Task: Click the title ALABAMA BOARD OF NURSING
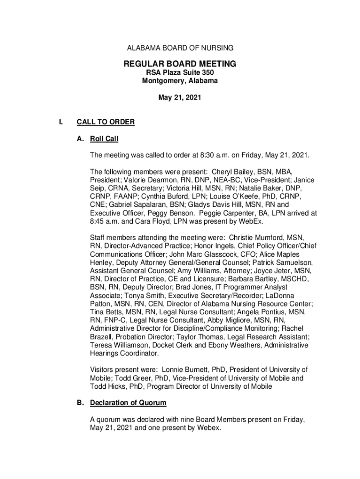pyautogui.click(x=180, y=48)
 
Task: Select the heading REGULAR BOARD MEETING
pyautogui.click(x=180, y=64)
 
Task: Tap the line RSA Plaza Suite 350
pyautogui.click(x=180, y=73)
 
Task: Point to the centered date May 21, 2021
pyautogui.click(x=180, y=98)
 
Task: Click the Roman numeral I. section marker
pyautogui.click(x=61, y=123)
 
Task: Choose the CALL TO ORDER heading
pyautogui.click(x=105, y=123)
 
